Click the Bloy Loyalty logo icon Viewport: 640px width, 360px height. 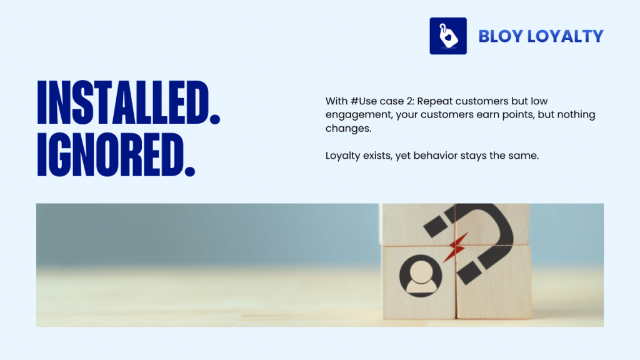point(448,36)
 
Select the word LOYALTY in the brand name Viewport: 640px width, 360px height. point(565,36)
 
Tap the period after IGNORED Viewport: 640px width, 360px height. point(189,170)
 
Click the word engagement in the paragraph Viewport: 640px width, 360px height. point(354,115)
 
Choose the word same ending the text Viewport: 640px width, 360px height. point(523,156)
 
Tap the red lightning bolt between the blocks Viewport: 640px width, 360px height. point(456,245)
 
